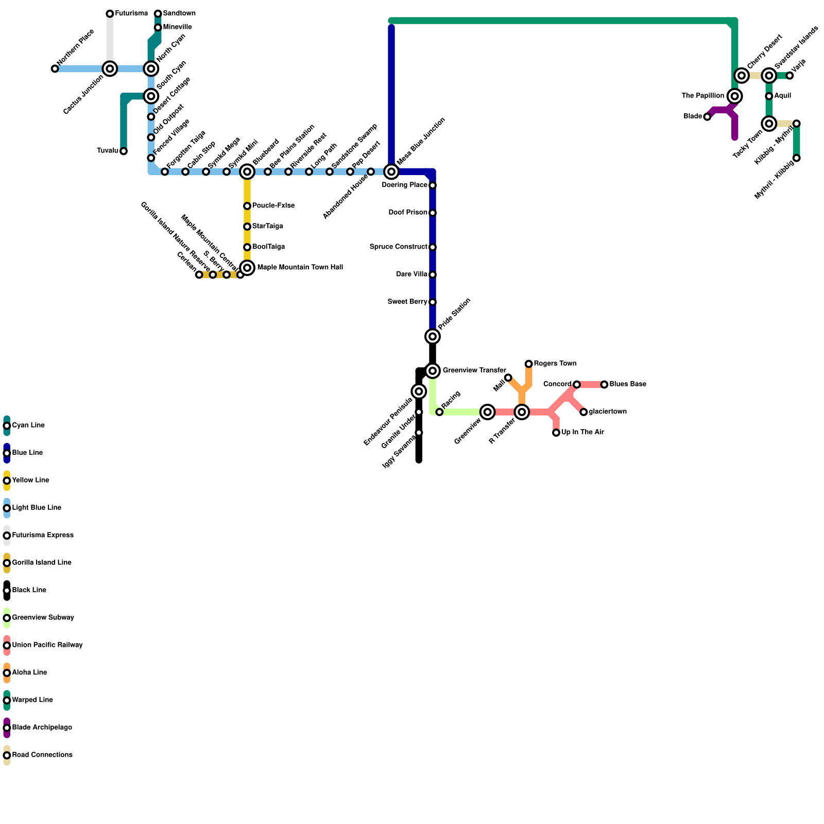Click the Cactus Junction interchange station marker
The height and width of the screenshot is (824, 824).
tap(110, 68)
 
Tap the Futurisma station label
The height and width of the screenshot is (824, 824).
tap(131, 13)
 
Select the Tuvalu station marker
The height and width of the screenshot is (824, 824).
tap(124, 151)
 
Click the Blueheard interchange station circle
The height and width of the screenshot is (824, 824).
tap(247, 171)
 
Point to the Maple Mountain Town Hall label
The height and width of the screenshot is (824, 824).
tap(300, 268)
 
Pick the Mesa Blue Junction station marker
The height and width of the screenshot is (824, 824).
tap(391, 171)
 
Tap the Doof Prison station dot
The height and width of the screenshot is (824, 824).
tap(433, 213)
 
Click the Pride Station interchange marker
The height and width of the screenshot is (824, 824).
tap(433, 336)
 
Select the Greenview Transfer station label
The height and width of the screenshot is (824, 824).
tap(474, 371)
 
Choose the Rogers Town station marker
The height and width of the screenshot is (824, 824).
tap(528, 364)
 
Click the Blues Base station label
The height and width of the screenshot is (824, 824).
tap(627, 384)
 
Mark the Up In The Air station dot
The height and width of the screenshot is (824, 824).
tap(556, 433)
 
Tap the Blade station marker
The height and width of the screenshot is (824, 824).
tap(707, 117)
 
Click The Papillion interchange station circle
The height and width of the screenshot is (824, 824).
tap(735, 96)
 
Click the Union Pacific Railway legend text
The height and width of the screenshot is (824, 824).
tap(47, 645)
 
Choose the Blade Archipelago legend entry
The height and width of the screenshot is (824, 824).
tap(42, 728)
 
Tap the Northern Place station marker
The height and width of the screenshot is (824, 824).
tap(55, 68)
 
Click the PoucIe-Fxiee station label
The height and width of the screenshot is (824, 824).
tap(273, 206)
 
